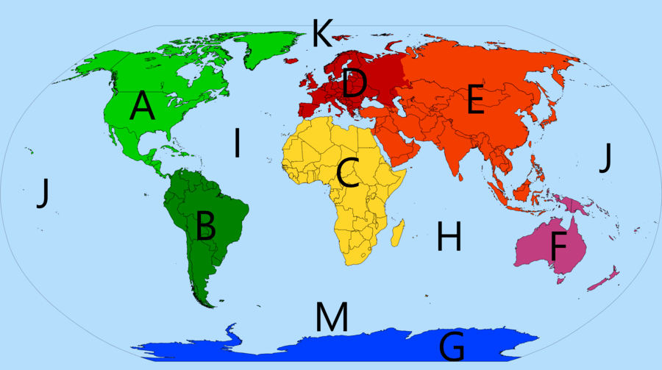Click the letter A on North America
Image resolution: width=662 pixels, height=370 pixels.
pyautogui.click(x=143, y=107)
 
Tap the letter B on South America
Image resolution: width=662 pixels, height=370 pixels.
pyautogui.click(x=205, y=226)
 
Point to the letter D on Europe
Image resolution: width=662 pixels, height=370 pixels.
pyautogui.click(x=355, y=83)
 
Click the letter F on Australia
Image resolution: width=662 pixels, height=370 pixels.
pyautogui.click(x=558, y=246)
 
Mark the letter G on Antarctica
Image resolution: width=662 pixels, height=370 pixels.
pyautogui.click(x=453, y=346)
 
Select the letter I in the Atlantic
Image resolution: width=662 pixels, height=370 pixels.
pyautogui.click(x=237, y=143)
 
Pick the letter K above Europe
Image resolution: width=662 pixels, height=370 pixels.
pyautogui.click(x=321, y=33)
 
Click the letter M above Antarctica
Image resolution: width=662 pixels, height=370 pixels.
pyautogui.click(x=332, y=316)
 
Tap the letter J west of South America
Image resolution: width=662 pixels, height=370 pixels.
pyautogui.click(x=43, y=193)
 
